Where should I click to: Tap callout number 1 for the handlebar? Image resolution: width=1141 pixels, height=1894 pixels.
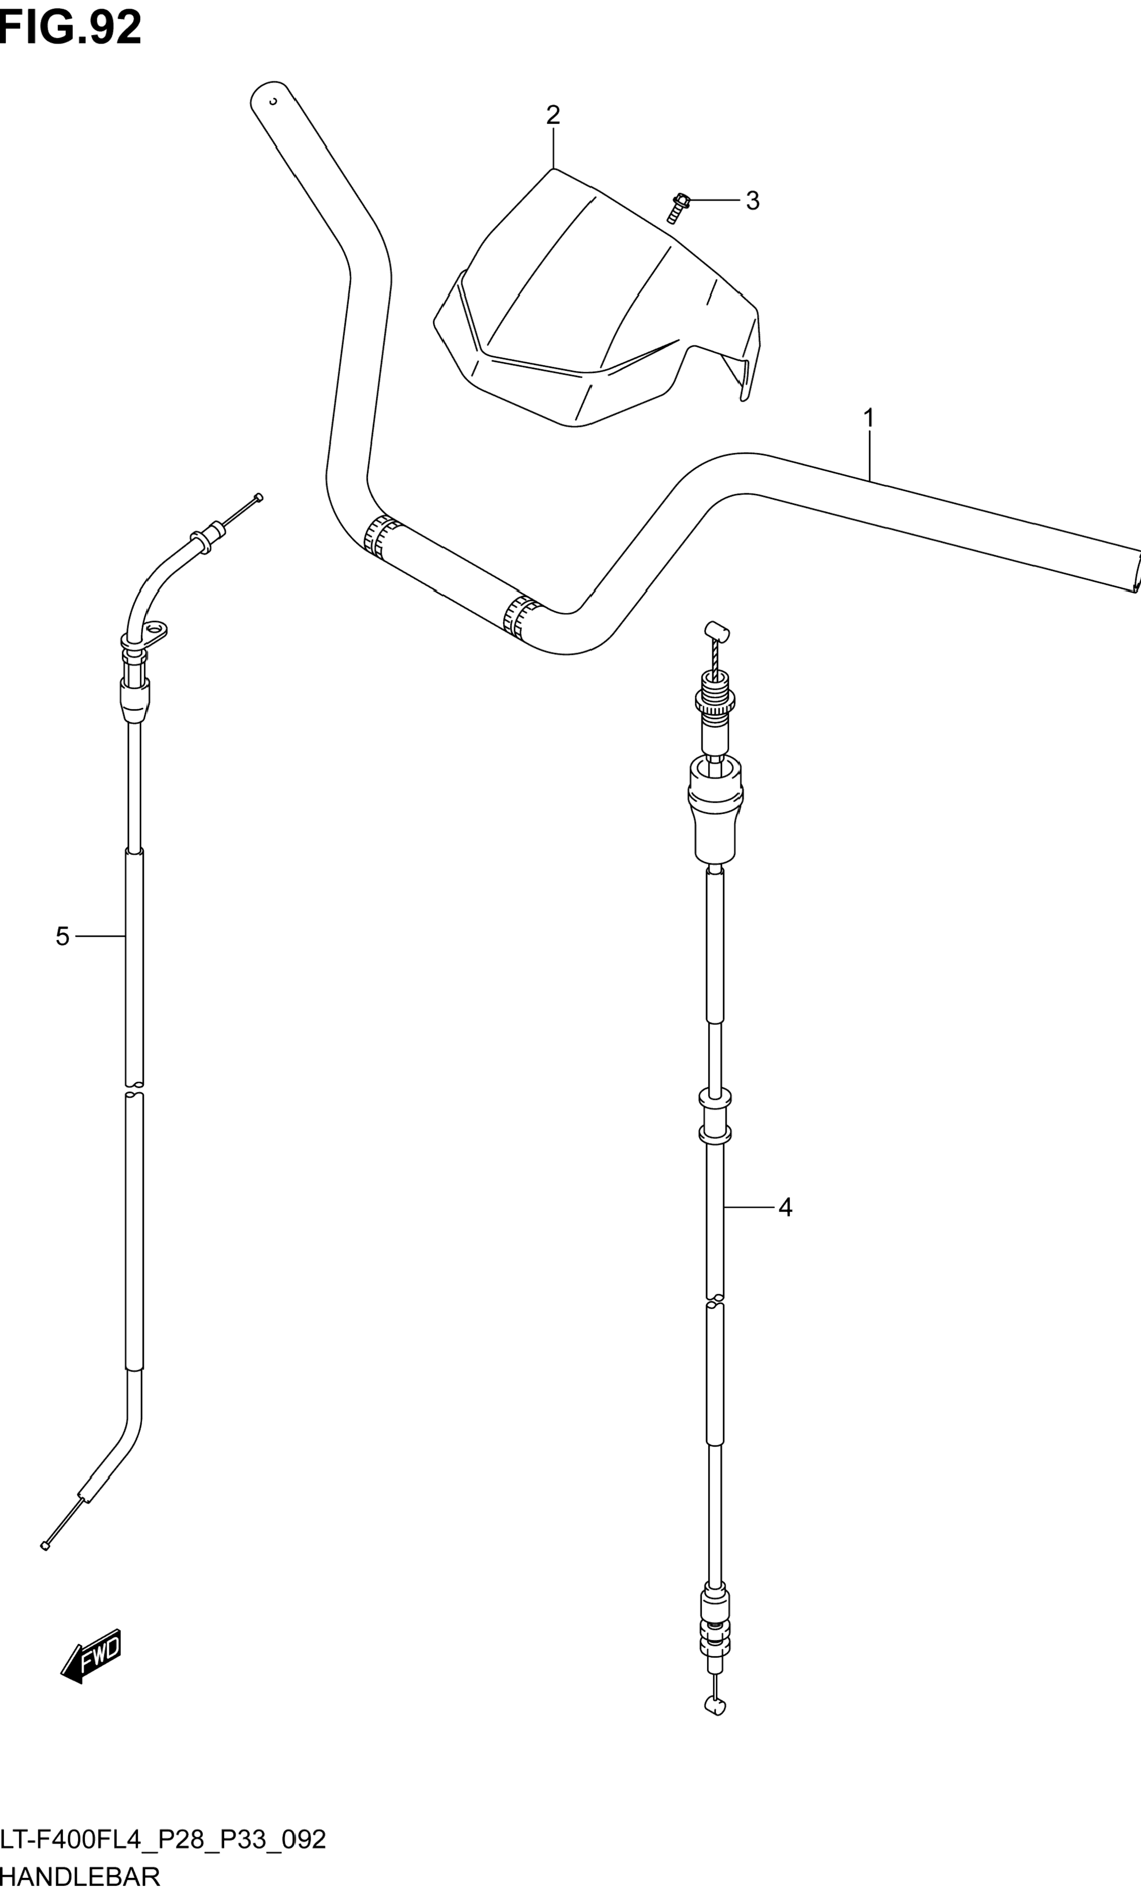(x=869, y=419)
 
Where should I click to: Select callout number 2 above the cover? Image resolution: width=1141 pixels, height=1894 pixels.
(x=553, y=115)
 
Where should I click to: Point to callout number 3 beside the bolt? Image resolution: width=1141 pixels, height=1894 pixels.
(x=752, y=201)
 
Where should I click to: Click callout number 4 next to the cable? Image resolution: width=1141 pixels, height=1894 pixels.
(x=785, y=1208)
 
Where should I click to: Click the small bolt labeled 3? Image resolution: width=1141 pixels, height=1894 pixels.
(x=677, y=207)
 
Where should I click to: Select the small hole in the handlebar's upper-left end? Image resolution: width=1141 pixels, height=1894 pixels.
(x=272, y=101)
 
